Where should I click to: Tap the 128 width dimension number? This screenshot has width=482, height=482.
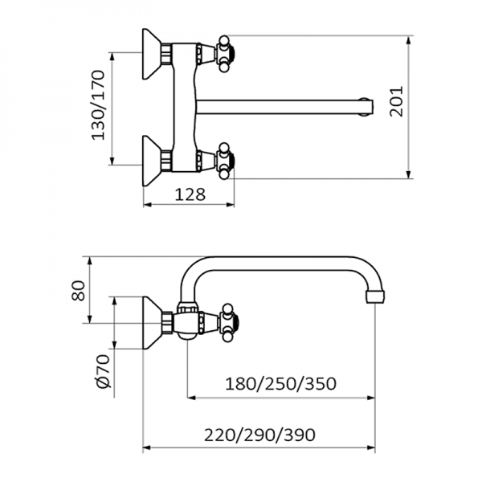[190, 194]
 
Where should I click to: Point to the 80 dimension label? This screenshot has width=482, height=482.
[79, 291]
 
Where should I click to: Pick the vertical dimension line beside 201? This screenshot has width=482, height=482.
[411, 105]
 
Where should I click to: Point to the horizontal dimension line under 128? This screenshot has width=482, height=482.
[190, 205]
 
